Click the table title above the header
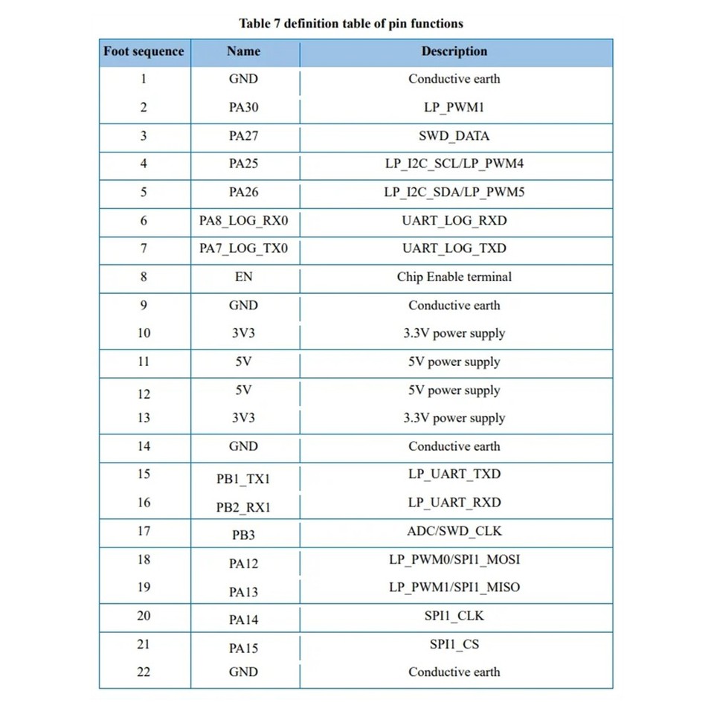351,23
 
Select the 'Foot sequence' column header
144,51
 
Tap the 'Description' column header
454,51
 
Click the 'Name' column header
243,51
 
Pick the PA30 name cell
243,107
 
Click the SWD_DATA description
454,136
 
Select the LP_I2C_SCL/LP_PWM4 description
454,164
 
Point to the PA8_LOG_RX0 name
243,221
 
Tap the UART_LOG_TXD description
454,248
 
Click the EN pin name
243,277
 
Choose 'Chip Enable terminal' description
454,277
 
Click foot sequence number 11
144,361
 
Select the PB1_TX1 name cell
243,479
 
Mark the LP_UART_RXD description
454,503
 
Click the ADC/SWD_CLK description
454,531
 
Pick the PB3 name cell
243,535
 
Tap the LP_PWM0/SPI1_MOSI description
454,559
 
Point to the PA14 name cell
243,620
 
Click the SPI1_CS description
454,644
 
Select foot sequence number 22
144,672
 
